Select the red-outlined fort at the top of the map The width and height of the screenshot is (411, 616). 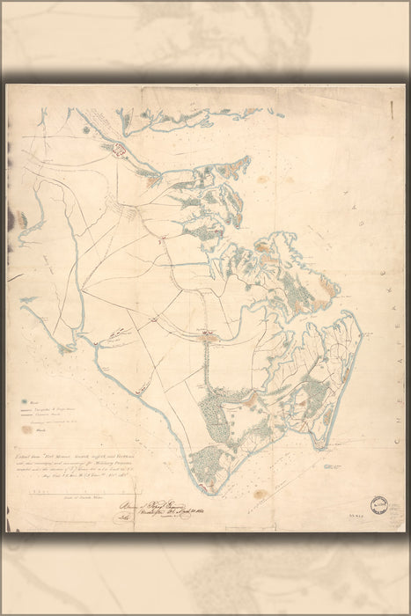114,150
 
